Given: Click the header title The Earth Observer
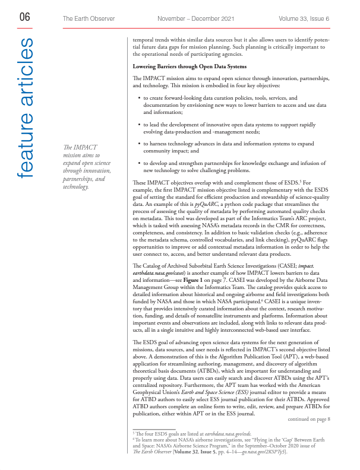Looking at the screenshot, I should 90,19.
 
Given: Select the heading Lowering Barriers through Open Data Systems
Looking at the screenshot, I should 188,66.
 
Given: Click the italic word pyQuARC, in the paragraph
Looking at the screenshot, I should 208,220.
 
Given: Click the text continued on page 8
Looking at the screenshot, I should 308,419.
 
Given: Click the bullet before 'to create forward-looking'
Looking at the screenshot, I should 138,98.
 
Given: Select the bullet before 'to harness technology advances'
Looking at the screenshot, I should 138,144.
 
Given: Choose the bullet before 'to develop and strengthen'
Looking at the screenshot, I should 138,163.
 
